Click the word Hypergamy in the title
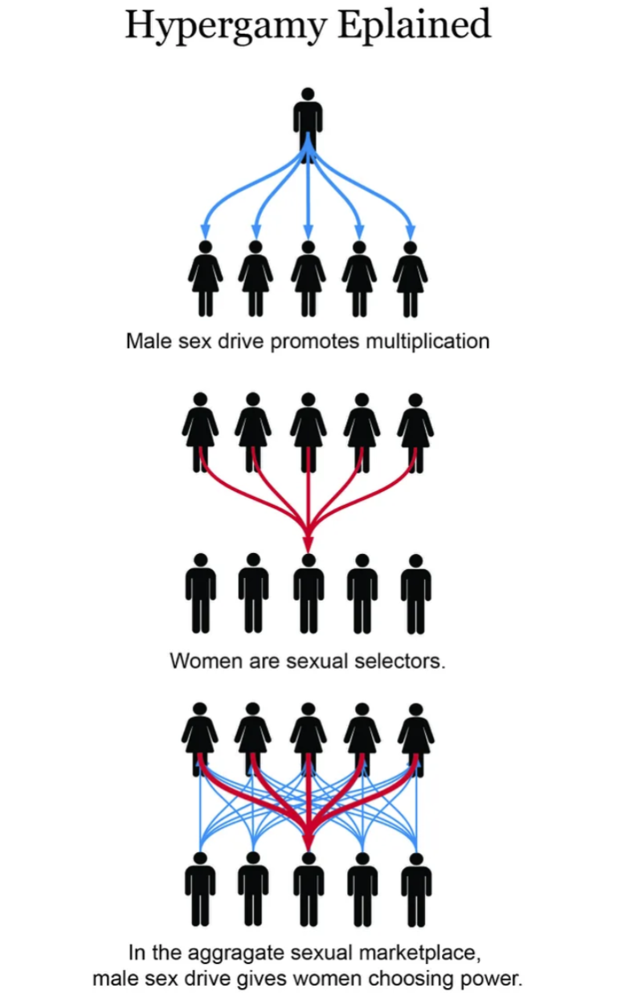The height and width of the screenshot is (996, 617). point(226,26)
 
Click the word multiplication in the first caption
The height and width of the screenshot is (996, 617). point(427,341)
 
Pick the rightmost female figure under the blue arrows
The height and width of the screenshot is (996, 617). point(410,277)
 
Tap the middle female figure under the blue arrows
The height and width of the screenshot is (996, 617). point(308,277)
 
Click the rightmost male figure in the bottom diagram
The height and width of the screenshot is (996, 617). point(415,888)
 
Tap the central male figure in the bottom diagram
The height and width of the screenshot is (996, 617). point(308,888)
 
